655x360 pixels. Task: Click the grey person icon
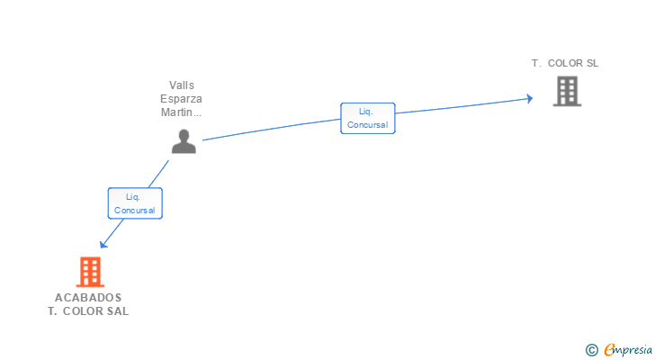[x=184, y=141]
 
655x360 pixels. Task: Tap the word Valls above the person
[x=182, y=85]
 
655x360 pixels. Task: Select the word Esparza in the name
[x=182, y=99]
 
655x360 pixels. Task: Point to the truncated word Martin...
[x=180, y=112]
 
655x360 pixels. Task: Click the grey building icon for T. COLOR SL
[x=567, y=91]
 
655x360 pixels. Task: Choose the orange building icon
[x=89, y=272]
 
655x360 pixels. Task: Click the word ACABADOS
[x=88, y=298]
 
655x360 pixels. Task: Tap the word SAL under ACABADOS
[x=117, y=311]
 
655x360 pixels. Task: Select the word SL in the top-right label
[x=591, y=64]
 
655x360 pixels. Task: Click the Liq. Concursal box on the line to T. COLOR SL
[x=367, y=118]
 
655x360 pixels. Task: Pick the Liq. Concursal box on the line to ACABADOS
[x=135, y=202]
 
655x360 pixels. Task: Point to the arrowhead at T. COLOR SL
[x=530, y=99]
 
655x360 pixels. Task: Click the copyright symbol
[x=592, y=349]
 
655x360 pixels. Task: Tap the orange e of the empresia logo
[x=610, y=349]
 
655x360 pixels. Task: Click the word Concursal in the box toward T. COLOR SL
[x=367, y=125]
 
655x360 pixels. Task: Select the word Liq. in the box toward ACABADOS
[x=132, y=196]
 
